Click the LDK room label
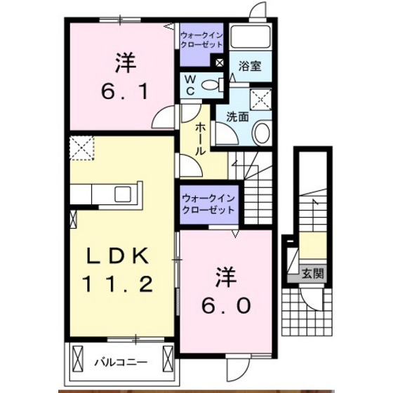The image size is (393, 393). (117, 256)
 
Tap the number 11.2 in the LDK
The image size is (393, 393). (117, 284)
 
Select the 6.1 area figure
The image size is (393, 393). (124, 91)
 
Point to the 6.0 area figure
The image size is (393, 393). (226, 305)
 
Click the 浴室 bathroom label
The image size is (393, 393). (250, 66)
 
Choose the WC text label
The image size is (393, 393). (190, 85)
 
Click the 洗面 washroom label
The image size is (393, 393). (237, 116)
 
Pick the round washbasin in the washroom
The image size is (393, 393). (262, 132)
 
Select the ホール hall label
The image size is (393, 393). (201, 139)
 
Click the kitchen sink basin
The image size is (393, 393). (123, 194)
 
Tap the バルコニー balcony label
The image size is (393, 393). (121, 362)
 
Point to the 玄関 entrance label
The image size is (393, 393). (313, 274)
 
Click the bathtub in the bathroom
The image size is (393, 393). (250, 36)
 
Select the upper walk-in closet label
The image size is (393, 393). (201, 39)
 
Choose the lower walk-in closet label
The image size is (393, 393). (208, 204)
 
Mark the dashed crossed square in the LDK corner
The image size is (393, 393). (81, 148)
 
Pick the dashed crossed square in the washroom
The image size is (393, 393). (261, 99)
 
